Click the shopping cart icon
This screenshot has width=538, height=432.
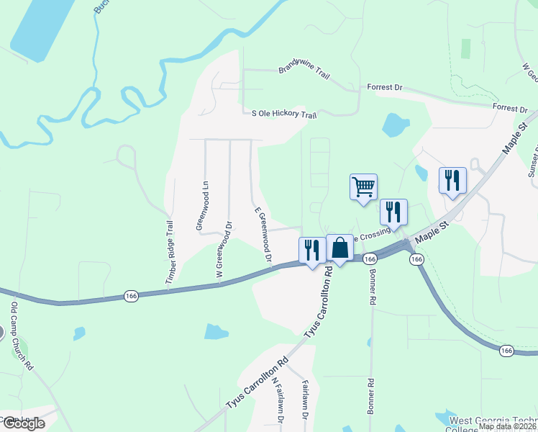point(363,187)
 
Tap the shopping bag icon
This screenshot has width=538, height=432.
point(339,248)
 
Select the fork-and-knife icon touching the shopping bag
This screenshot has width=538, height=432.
point(312,251)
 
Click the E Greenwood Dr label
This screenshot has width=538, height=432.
point(263,235)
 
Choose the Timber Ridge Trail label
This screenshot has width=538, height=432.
point(170,251)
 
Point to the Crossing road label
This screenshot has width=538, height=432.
point(373,235)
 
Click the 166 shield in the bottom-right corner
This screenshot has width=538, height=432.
point(506,351)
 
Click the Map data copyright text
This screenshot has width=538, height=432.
point(506,426)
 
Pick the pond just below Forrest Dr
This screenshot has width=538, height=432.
point(395,125)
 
